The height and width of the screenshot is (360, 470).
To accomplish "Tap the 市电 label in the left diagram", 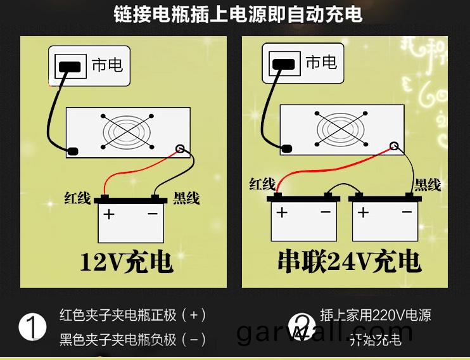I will tap(107, 65).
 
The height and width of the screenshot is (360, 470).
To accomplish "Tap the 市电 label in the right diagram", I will tap(321, 62).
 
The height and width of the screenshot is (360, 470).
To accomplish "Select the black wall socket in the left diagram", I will tap(70, 66).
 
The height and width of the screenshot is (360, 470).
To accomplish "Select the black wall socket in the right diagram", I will tap(284, 63).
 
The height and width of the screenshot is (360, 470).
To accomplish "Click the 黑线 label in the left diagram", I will tap(186, 198).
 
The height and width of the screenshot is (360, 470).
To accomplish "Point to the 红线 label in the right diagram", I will tap(263, 184).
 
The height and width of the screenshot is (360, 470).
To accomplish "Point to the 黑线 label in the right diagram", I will tap(428, 184).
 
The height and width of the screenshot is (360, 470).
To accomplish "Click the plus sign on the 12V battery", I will tap(110, 214).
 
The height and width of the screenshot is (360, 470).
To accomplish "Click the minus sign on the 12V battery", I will tap(153, 214).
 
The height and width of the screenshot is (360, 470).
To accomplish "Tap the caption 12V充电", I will tap(127, 262).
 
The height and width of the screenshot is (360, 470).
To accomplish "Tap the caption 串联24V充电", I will tap(349, 262).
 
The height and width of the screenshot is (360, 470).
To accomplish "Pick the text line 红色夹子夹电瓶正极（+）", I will tap(132, 315).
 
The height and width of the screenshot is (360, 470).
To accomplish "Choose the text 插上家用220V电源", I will tap(376, 315).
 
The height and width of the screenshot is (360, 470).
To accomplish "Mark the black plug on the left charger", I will tap(73, 151).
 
